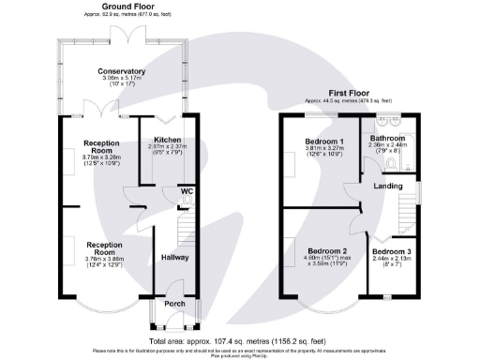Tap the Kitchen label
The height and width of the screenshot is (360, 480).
[x=167, y=140]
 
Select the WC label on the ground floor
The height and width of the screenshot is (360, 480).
[x=187, y=191]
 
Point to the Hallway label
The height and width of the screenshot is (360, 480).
[x=175, y=257]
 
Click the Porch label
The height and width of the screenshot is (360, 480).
[x=174, y=303]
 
